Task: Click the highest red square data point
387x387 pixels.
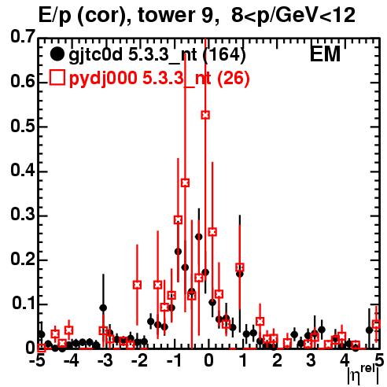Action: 205,115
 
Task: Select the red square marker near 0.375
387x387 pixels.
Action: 185,182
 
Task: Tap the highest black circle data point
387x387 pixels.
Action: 199,237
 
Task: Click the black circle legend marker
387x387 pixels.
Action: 57,54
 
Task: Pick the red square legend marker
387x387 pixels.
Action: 57,78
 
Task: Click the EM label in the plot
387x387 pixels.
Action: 325,54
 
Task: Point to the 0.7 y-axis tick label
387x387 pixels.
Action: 23,36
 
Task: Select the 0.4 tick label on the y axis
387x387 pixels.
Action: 23,170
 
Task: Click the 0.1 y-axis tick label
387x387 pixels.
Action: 24,303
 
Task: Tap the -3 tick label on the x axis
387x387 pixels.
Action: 105,360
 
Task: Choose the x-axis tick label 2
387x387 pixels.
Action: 277,360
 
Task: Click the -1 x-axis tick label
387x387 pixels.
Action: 174,360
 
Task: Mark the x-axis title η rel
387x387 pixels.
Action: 363,374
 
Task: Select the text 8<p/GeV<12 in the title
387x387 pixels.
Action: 293,16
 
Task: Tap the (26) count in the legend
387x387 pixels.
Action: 233,78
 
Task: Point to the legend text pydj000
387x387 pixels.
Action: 103,79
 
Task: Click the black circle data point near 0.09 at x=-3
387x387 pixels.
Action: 103,308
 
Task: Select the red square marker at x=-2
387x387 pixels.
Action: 137,285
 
